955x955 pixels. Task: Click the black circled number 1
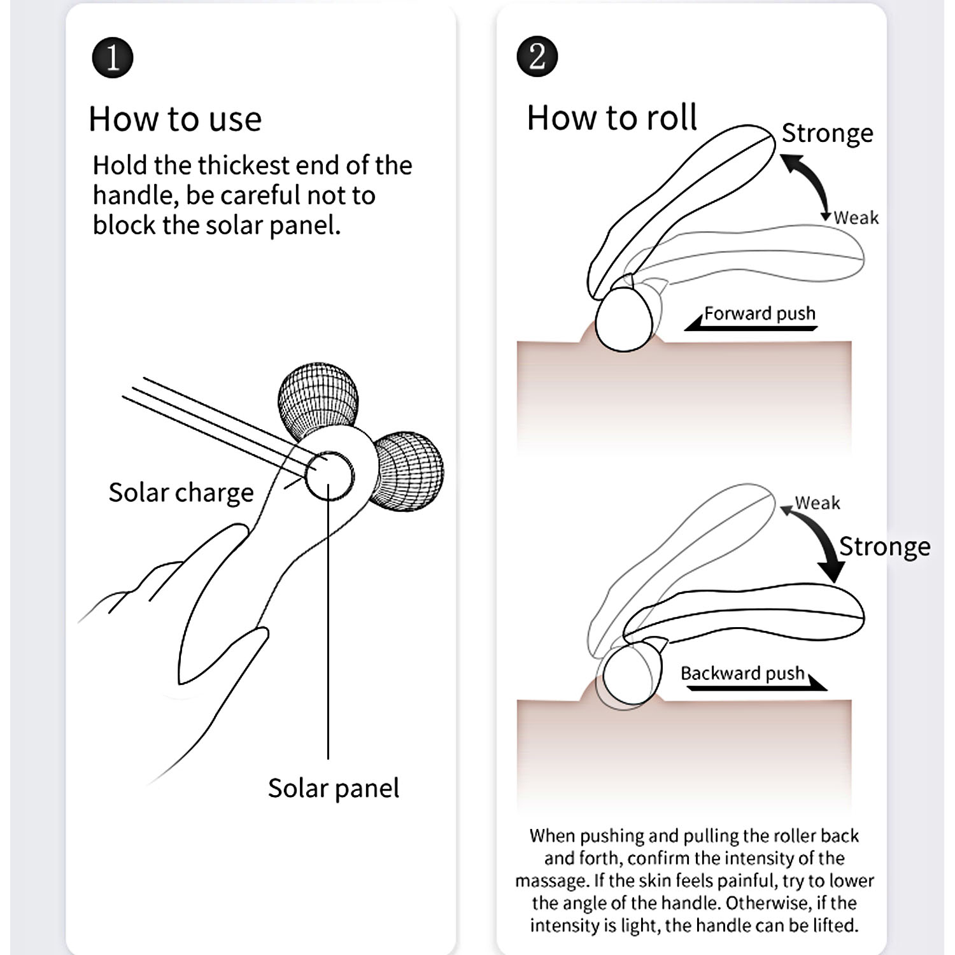point(113,58)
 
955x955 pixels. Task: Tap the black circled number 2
point(537,57)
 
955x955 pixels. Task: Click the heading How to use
point(175,119)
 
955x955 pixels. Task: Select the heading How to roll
point(612,118)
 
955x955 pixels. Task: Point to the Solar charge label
point(181,493)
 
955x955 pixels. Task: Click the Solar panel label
point(333,788)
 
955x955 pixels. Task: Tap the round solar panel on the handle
point(329,476)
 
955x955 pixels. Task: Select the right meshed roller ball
point(410,470)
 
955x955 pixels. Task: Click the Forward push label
point(760,313)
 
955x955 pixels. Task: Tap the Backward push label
point(742,674)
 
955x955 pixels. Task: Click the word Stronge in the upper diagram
point(827,133)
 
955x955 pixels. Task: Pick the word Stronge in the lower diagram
point(884,546)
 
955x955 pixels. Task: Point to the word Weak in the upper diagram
point(856,218)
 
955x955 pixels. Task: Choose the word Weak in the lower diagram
point(817,503)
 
